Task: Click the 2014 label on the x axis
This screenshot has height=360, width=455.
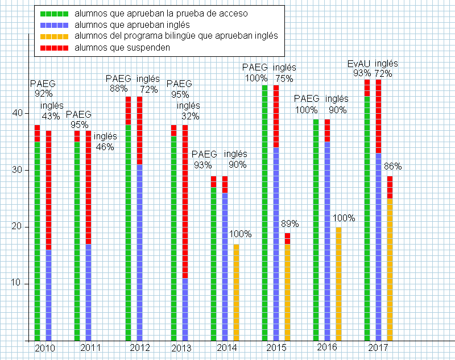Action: tap(227, 347)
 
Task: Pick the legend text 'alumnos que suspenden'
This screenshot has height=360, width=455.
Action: tap(123, 48)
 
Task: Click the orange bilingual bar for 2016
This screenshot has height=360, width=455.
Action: tap(339, 284)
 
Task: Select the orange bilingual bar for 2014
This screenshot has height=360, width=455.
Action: tap(237, 292)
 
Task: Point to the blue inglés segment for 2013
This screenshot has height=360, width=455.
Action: tap(185, 309)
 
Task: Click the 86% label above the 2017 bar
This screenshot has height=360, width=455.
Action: tap(393, 167)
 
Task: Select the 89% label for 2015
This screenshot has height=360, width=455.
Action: tap(290, 224)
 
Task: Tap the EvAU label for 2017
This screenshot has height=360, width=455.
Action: tap(359, 64)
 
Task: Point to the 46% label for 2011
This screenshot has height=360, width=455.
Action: tap(105, 147)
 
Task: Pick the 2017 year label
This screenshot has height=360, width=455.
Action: tap(378, 347)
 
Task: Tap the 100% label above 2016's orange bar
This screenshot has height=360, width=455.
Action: tap(344, 218)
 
